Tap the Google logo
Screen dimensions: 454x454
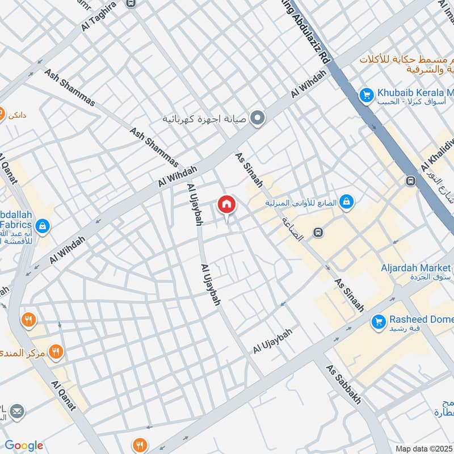[x=24, y=445]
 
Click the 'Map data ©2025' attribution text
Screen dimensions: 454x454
[x=424, y=449]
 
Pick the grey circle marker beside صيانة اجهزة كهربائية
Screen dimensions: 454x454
[x=258, y=119]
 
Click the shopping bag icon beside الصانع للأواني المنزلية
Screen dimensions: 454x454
[x=346, y=201]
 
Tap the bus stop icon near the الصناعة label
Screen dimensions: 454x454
[x=318, y=233]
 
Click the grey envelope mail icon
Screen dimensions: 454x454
[x=18, y=410]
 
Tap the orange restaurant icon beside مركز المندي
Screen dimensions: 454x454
[x=55, y=352]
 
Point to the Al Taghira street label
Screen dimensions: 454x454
[x=99, y=15]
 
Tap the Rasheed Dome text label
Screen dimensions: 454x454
[x=421, y=319]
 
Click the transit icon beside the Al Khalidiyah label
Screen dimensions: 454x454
[x=410, y=180]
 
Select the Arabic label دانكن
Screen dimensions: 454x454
[x=17, y=115]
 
